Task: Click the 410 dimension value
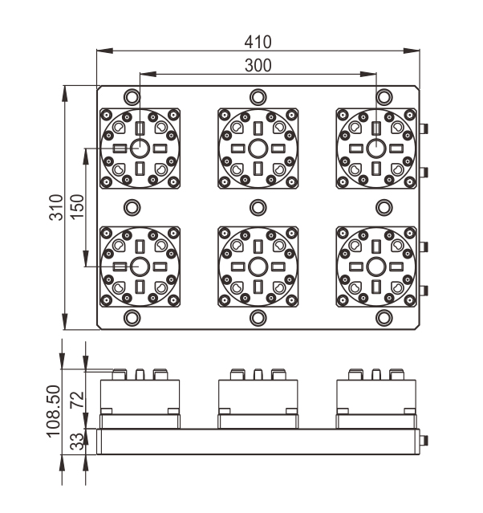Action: click(258, 42)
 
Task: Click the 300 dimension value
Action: click(258, 66)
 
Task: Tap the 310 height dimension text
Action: click(56, 207)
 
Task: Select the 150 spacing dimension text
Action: click(77, 207)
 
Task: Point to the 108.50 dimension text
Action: click(54, 411)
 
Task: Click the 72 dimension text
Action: click(77, 400)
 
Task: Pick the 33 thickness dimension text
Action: click(77, 442)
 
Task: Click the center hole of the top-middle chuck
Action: click(258, 149)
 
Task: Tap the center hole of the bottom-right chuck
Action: click(376, 267)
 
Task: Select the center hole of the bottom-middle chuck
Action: click(258, 267)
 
